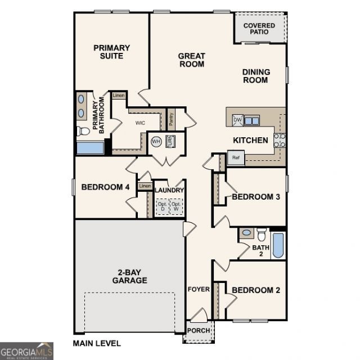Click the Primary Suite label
coord(112,52)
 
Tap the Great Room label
coord(192,60)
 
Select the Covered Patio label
coord(259,29)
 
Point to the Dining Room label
coord(256,76)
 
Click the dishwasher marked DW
coord(237,120)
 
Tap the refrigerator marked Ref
coord(236,157)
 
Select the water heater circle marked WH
coord(156,141)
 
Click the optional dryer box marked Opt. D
coord(163,206)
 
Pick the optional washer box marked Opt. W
coord(176,206)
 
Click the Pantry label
coord(171,119)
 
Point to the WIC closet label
coord(140,123)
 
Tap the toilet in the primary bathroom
coord(83,131)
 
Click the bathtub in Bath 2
coord(278,245)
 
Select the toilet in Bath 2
coord(261,235)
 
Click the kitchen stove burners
coord(280,140)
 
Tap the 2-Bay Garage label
coord(130,276)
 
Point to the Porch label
coord(199,331)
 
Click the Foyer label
coord(199,289)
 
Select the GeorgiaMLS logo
coord(26,351)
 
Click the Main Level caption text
coord(97,344)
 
